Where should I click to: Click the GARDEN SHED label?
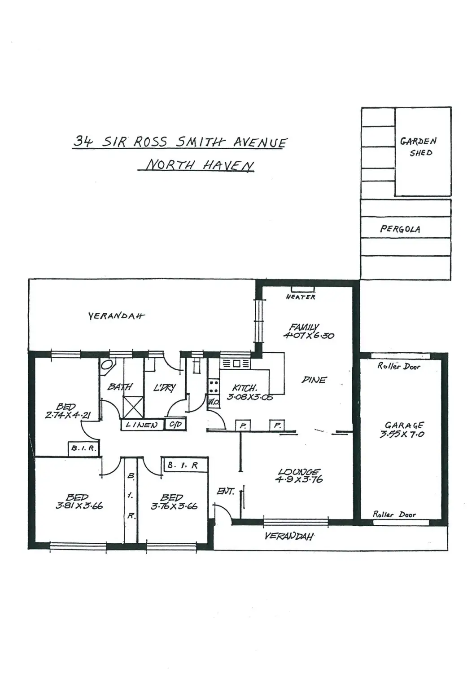tap(418, 146)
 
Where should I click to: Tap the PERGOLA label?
tap(400, 229)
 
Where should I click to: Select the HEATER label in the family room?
tap(301, 297)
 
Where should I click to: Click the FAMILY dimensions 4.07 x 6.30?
tap(309, 335)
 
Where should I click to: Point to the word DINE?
tap(314, 380)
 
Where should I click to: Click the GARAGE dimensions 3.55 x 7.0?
tap(402, 435)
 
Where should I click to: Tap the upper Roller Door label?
tap(399, 366)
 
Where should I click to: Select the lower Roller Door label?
tap(394, 514)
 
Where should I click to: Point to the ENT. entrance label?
tap(226, 492)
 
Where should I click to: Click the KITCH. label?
tap(245, 388)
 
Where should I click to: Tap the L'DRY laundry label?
tap(164, 388)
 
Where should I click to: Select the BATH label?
tap(120, 386)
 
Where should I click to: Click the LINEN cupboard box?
tap(141, 425)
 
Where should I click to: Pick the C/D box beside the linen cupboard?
tap(175, 424)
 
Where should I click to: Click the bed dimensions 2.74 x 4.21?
tap(68, 416)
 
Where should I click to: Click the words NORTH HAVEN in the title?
tap(200, 165)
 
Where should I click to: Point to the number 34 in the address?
tap(83, 142)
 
